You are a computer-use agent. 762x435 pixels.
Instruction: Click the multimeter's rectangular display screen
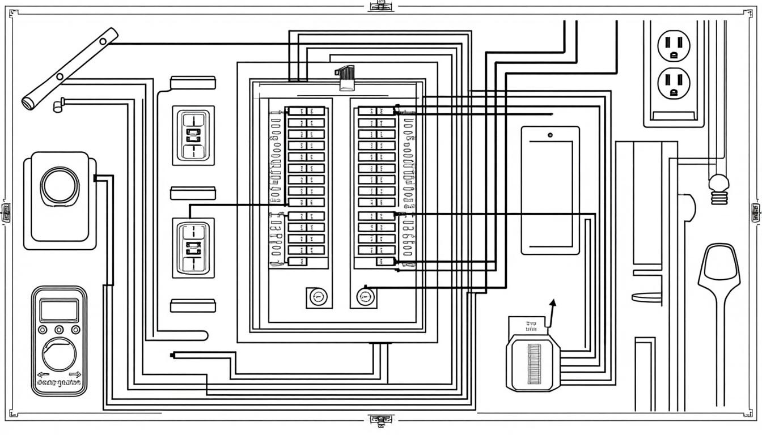pyautogui.click(x=58, y=311)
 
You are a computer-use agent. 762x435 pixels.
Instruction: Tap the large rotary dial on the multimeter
pyautogui.click(x=58, y=354)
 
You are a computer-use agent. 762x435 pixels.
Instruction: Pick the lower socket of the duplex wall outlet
pyautogui.click(x=674, y=83)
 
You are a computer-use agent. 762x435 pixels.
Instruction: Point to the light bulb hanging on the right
pyautogui.click(x=718, y=187)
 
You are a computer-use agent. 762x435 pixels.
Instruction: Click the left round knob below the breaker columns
pyautogui.click(x=318, y=296)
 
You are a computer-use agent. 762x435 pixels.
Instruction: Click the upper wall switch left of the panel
pyautogui.click(x=193, y=135)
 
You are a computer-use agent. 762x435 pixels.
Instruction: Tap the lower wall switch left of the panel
pyautogui.click(x=193, y=248)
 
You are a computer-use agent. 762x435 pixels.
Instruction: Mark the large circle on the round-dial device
pyautogui.click(x=60, y=185)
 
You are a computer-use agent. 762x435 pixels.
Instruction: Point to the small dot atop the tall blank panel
pyautogui.click(x=550, y=135)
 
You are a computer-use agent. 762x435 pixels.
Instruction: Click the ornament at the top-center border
pyautogui.click(x=380, y=6)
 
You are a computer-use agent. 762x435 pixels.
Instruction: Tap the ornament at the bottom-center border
pyautogui.click(x=380, y=420)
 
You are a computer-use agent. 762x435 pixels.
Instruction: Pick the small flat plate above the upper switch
pyautogui.click(x=193, y=82)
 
